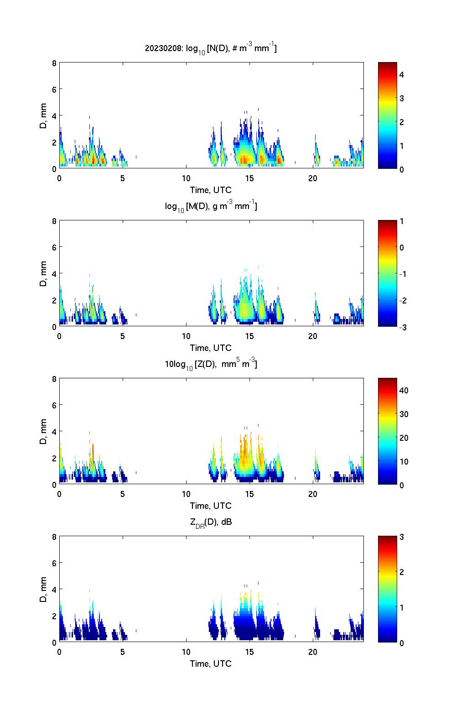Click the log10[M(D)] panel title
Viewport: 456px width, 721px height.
click(211, 206)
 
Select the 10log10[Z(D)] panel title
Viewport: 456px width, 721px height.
click(211, 364)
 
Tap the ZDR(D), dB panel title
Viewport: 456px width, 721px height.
click(211, 522)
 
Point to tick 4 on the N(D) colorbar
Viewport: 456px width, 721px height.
click(402, 74)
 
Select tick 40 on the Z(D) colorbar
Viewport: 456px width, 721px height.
click(404, 390)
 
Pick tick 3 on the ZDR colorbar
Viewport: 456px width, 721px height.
click(402, 537)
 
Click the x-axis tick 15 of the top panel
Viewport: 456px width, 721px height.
click(249, 178)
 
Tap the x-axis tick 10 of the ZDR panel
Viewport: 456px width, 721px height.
click(186, 652)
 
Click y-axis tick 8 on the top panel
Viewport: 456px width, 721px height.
click(54, 63)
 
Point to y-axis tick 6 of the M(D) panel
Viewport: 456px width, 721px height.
click(54, 247)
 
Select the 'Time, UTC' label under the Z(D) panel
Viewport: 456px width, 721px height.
click(211, 506)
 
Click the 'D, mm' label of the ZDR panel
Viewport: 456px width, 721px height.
click(43, 589)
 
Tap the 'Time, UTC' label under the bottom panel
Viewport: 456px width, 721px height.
click(211, 664)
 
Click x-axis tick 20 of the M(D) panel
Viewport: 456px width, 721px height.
click(313, 336)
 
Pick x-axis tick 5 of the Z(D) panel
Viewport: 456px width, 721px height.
click(123, 494)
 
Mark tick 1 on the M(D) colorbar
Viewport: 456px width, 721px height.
click(402, 221)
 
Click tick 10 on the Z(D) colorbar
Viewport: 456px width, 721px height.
click(404, 461)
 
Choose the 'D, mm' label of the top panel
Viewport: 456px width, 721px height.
click(43, 115)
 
